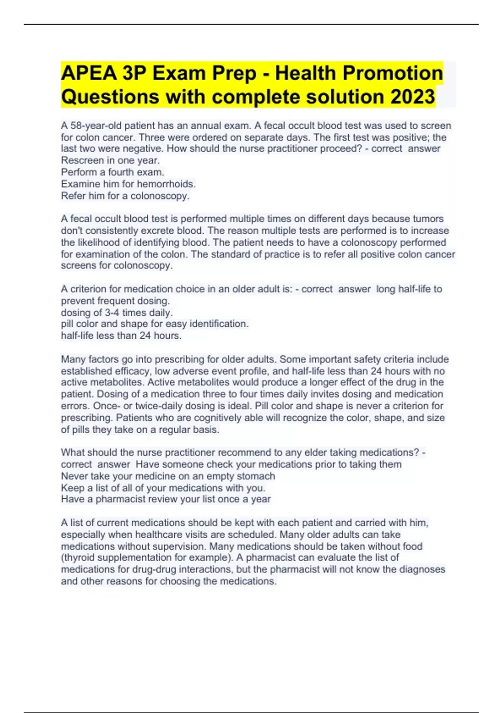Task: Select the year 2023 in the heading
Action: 413,97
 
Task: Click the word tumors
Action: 428,219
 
